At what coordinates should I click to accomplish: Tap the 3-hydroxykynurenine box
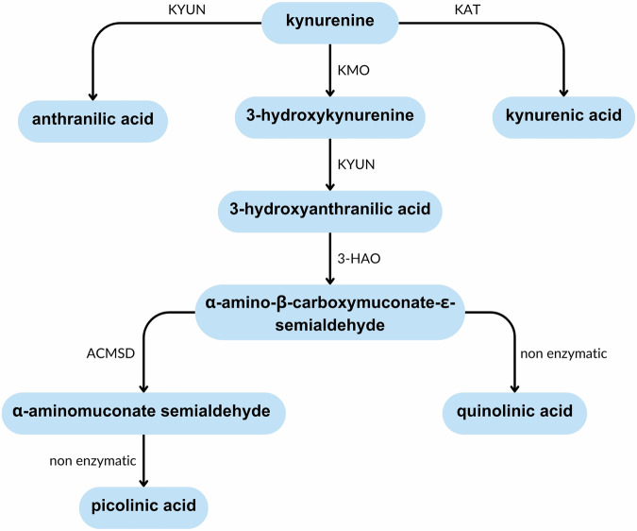tap(328, 118)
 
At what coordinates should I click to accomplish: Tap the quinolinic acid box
tap(515, 413)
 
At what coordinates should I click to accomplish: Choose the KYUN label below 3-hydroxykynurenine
tap(354, 163)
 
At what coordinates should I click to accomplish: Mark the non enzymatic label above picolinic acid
tap(91, 460)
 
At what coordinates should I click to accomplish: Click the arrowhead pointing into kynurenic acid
tap(565, 94)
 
